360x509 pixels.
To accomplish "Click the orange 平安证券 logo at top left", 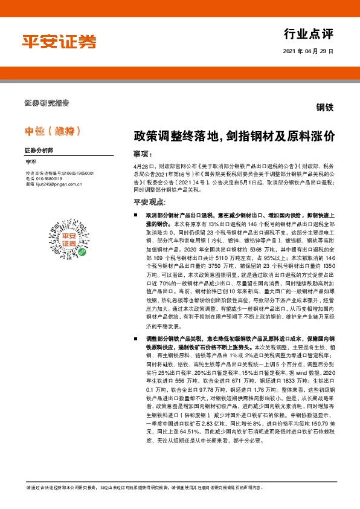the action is pyautogui.click(x=59, y=41).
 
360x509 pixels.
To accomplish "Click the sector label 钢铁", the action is pyautogui.click(x=324, y=108).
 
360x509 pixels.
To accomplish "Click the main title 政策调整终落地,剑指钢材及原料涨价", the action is pyautogui.click(x=234, y=137).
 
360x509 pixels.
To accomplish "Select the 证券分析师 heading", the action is pyautogui.click(x=39, y=149).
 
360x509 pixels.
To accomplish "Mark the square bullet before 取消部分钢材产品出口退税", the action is pyautogui.click(x=137, y=215).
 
